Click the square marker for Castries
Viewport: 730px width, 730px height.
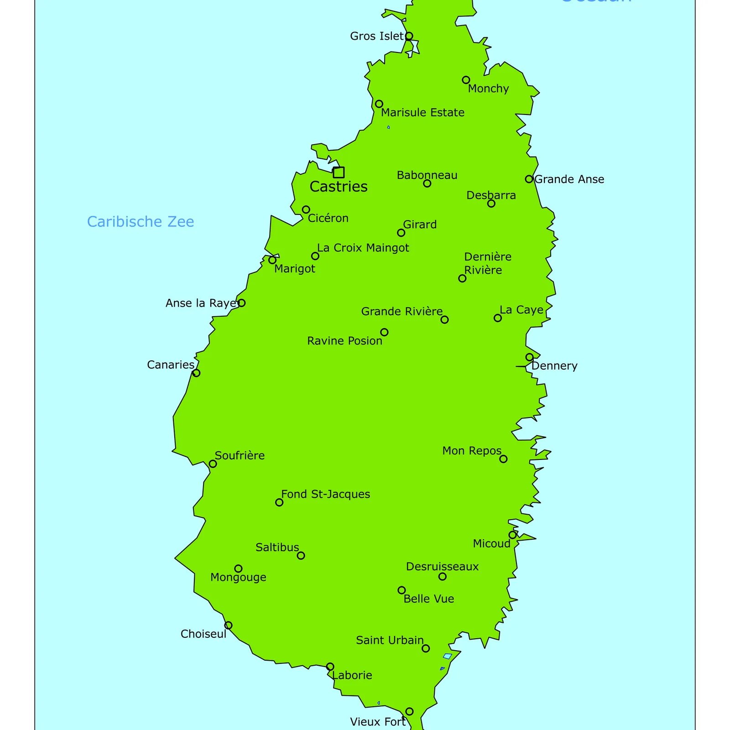pos(339,172)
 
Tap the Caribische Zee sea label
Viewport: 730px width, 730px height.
pos(141,222)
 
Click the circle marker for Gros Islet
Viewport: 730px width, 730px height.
pos(409,36)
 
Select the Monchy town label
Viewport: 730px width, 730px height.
pos(488,89)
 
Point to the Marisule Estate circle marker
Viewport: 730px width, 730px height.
pos(379,104)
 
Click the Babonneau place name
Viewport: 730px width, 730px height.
pos(427,175)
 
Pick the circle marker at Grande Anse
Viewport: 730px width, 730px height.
pos(529,179)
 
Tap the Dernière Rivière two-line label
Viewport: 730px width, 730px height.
pos(487,263)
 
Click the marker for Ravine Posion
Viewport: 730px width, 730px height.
pos(385,332)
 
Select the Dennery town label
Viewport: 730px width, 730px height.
pos(554,366)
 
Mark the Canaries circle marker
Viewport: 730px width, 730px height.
pos(196,373)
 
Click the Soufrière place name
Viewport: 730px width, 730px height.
pos(240,455)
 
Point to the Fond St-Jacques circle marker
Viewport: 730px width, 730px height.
pos(279,502)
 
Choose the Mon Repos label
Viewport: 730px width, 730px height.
pos(472,451)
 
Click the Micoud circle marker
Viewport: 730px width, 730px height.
pos(512,535)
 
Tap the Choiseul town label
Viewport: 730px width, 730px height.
pos(203,634)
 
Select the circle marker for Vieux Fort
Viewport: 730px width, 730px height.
pos(409,711)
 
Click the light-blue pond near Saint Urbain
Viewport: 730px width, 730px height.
pos(448,656)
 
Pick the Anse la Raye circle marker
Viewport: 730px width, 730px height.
pos(242,303)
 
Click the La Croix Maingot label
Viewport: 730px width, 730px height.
pos(363,248)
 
